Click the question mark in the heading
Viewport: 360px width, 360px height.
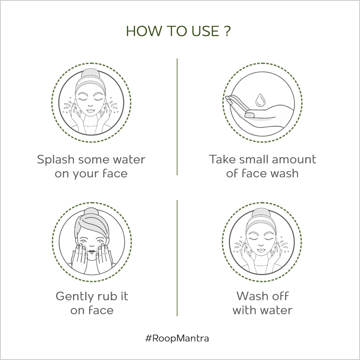click(x=226, y=31)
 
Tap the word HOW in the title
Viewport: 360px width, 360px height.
click(x=143, y=31)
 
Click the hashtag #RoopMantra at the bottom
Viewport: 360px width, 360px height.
click(x=177, y=338)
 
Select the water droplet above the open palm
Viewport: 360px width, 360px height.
click(x=260, y=100)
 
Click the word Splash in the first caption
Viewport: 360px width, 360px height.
click(x=55, y=160)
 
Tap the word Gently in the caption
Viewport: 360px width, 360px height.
click(x=73, y=297)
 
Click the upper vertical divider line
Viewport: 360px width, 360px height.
click(x=177, y=117)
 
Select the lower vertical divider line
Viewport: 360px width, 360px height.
click(x=177, y=258)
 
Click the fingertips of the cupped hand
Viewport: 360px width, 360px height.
click(x=229, y=99)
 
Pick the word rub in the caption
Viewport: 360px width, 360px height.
click(x=105, y=296)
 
